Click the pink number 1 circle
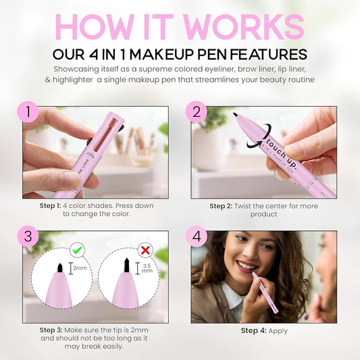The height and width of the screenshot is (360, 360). (28, 111)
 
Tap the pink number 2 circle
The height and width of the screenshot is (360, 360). (197, 111)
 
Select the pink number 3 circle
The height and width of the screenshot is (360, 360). (28, 237)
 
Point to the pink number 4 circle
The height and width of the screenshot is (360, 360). (197, 237)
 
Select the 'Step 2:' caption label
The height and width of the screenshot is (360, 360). (220, 206)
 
